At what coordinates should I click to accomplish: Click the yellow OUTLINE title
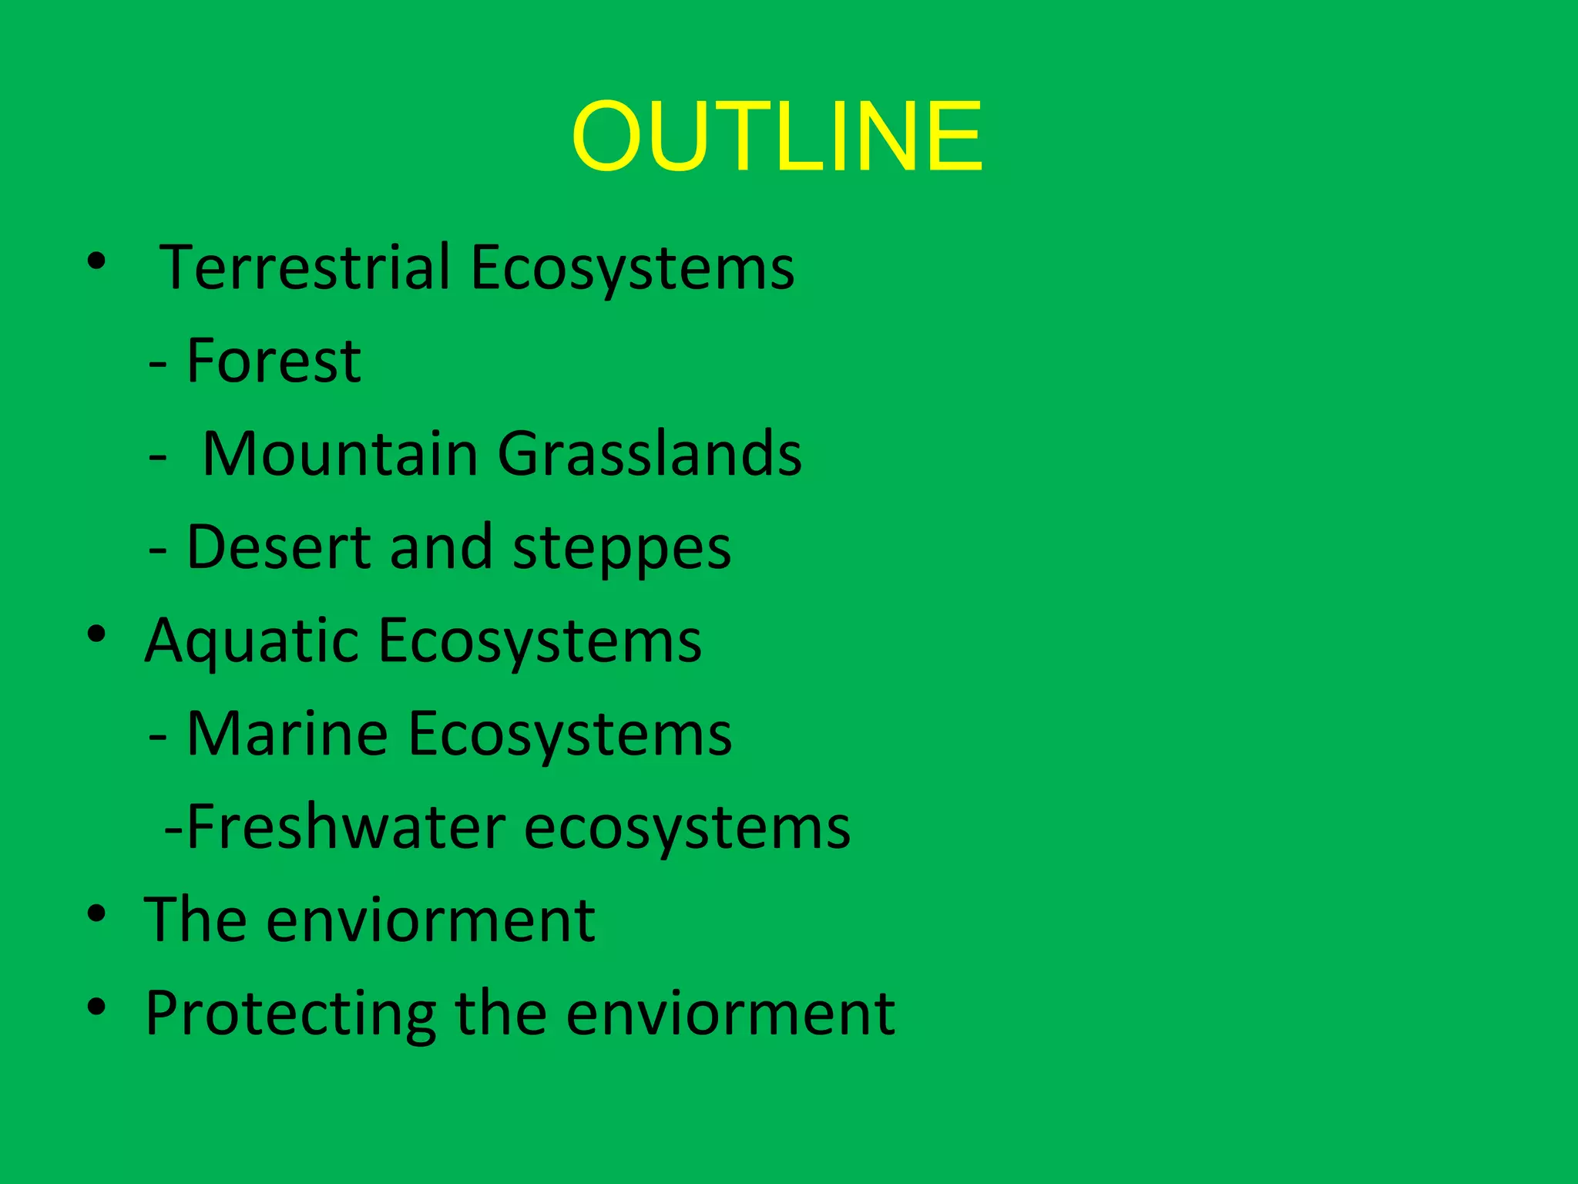tap(777, 136)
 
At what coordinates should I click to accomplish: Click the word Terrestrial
tap(304, 267)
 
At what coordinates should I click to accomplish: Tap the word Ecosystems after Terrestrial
tap(632, 269)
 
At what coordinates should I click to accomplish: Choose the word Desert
tap(278, 547)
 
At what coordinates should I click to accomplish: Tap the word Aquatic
tap(251, 642)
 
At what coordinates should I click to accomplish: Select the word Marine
tap(287, 734)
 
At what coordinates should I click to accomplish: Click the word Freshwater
tap(345, 827)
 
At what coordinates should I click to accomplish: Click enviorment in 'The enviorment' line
tap(431, 920)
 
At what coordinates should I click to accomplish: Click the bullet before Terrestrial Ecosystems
tap(96, 262)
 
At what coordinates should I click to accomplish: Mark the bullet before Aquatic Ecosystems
tap(96, 634)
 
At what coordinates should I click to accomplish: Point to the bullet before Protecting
tap(96, 1007)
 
